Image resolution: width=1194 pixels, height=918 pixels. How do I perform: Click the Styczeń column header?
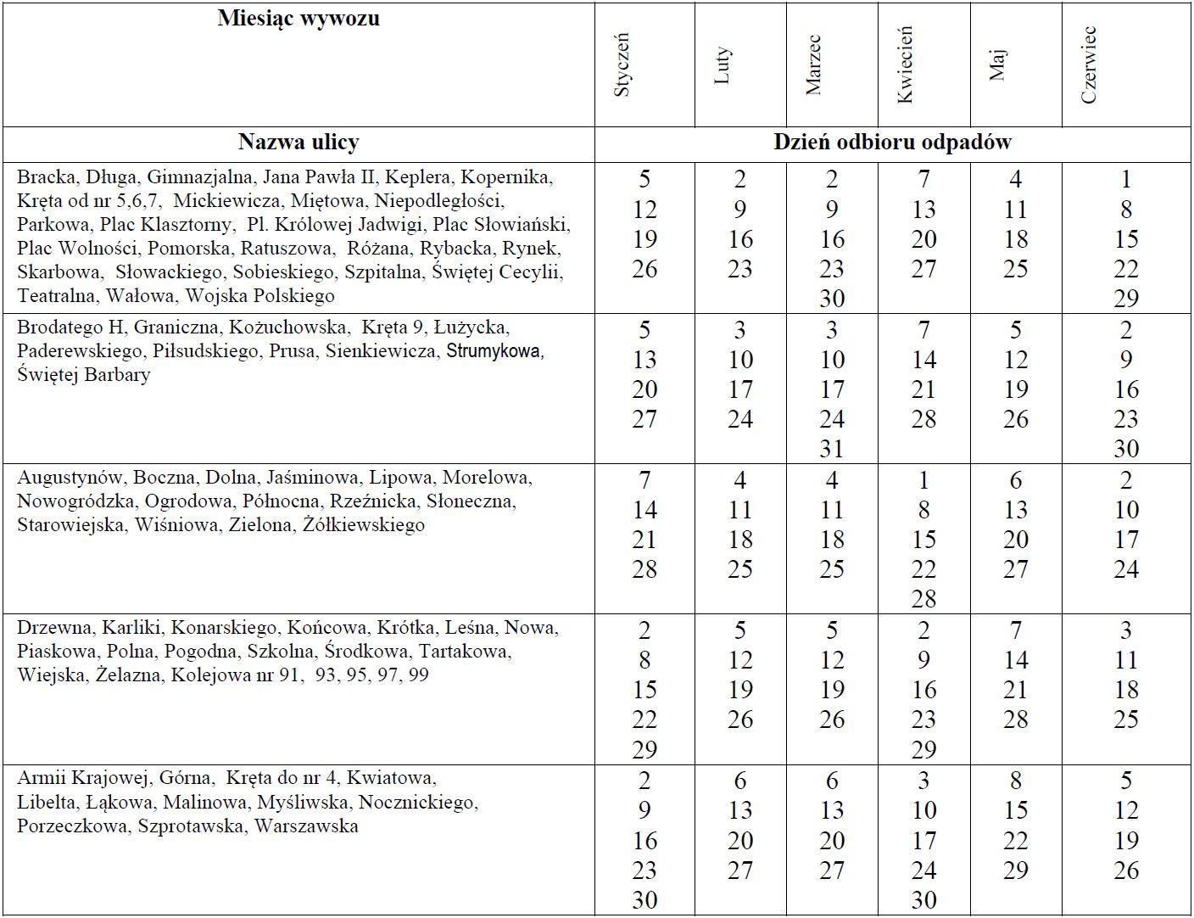pyautogui.click(x=622, y=64)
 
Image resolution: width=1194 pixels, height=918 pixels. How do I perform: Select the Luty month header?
pyautogui.click(x=722, y=65)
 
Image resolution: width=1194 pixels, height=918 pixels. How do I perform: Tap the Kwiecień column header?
pyautogui.click(x=905, y=64)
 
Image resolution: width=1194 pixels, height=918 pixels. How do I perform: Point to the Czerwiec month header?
pyautogui.click(x=1089, y=65)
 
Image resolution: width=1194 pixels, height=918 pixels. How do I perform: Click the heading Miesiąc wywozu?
pyautogui.click(x=298, y=19)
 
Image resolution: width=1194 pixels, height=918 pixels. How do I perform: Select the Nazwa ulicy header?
pyautogui.click(x=298, y=143)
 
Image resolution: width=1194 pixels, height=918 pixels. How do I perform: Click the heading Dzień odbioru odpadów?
pyautogui.click(x=892, y=143)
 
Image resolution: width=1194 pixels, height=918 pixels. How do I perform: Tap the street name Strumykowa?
pyautogui.click(x=494, y=351)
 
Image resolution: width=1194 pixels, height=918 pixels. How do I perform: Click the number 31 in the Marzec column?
pyautogui.click(x=832, y=449)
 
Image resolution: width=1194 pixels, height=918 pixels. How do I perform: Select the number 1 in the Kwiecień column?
pyautogui.click(x=923, y=480)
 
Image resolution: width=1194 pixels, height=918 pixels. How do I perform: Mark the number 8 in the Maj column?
pyautogui.click(x=1016, y=781)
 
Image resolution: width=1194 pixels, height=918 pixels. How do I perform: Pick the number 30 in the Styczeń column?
pyautogui.click(x=644, y=900)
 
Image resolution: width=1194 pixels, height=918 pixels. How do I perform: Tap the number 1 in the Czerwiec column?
pyautogui.click(x=1126, y=179)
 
